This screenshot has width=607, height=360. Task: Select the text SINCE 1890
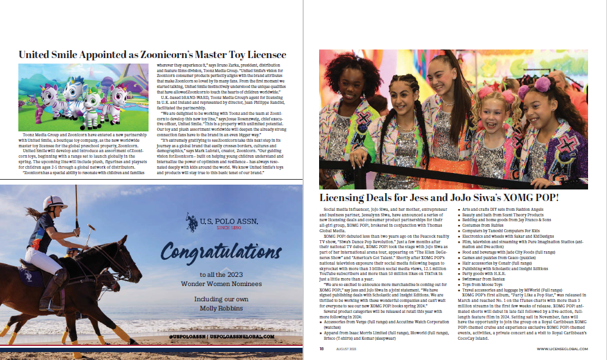pyautogui.click(x=216, y=227)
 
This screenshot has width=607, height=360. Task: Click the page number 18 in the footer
pyautogui.click(x=321, y=349)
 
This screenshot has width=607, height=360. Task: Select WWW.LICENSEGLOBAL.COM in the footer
pyautogui.click(x=562, y=349)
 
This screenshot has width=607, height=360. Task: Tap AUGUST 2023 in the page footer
pyautogui.click(x=346, y=349)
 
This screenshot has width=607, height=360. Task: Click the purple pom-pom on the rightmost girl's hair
pyautogui.click(x=524, y=92)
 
